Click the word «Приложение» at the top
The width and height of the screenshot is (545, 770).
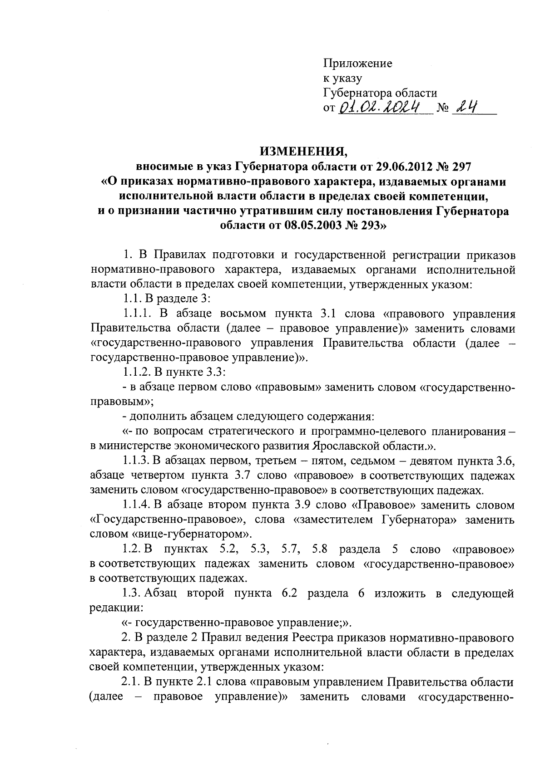357,64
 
